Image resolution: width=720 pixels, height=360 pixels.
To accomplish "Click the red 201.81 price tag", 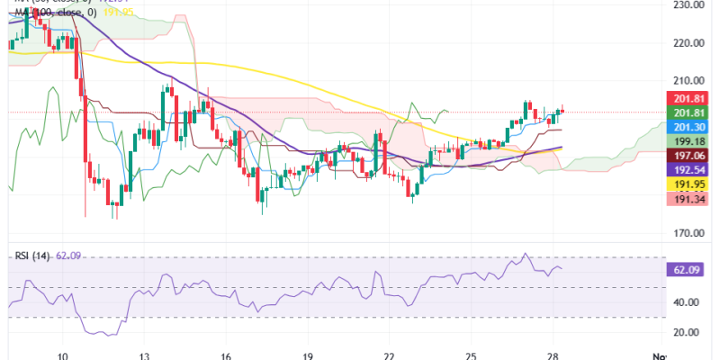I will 688,98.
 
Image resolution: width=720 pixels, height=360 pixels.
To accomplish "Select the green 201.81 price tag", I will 688,112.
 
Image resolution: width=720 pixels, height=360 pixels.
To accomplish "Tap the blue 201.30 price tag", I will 688,127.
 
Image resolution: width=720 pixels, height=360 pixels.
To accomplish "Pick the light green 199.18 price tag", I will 688,141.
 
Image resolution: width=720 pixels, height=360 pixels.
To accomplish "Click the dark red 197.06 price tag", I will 688,155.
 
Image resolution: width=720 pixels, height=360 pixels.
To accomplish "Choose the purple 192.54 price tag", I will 688,169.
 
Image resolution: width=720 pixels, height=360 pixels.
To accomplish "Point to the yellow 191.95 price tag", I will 688,184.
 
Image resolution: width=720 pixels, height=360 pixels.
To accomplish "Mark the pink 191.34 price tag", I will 688,198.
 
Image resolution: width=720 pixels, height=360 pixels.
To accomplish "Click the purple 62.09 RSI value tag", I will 688,269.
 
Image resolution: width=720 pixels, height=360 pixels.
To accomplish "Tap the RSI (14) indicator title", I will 33,256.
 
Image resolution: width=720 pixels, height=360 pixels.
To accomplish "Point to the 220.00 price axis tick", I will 687,42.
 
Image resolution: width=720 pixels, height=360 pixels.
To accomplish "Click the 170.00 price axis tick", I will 687,233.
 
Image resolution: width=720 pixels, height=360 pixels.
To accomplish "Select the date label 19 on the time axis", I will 309,355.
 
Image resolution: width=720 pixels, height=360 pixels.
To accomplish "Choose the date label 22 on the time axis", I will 390,355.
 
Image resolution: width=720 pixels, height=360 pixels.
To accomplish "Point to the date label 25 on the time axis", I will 471,355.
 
